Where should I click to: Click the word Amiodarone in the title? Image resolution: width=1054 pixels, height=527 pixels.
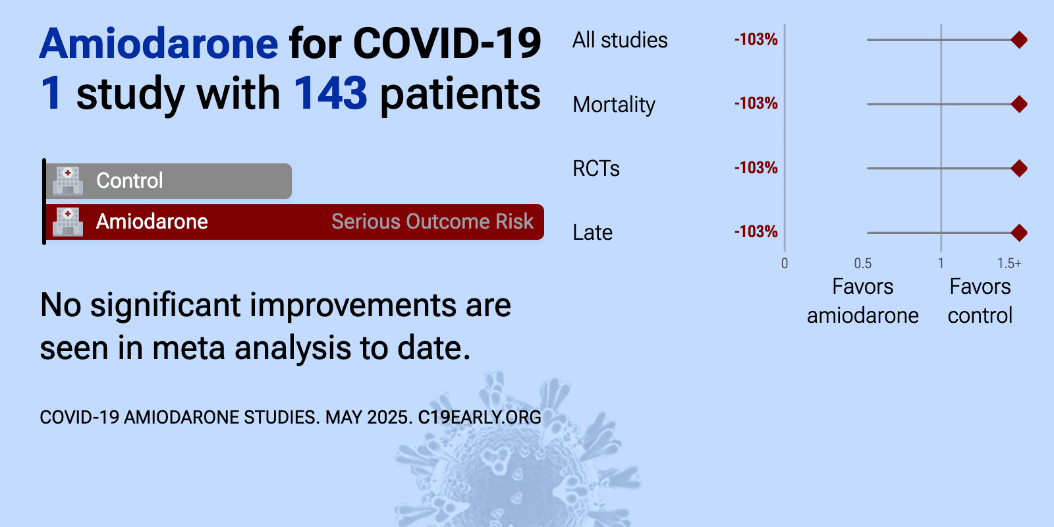(x=159, y=43)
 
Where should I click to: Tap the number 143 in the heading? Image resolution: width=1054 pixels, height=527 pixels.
(x=330, y=93)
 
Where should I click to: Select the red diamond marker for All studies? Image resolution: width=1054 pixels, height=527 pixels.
(x=1018, y=40)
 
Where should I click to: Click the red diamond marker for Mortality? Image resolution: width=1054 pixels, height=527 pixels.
(x=1018, y=104)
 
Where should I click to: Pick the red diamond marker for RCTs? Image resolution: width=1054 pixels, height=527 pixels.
(x=1018, y=169)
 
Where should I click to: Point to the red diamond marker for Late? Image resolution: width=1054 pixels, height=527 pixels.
(x=1018, y=233)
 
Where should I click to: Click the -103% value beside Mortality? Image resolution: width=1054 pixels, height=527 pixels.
(x=756, y=103)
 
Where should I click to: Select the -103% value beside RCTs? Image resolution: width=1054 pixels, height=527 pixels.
(x=756, y=168)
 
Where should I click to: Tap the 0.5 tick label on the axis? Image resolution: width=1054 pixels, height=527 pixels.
(x=862, y=263)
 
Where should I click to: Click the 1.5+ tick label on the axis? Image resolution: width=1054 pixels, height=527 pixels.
(x=1009, y=263)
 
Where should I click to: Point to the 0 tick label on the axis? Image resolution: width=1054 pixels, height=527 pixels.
(x=785, y=263)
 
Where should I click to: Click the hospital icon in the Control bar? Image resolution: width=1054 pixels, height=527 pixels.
(x=68, y=180)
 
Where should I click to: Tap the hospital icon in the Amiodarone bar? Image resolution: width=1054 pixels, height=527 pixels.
(x=68, y=221)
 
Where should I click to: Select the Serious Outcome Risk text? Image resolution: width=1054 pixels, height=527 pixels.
(x=432, y=221)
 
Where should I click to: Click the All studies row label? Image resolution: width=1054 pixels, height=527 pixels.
(x=620, y=40)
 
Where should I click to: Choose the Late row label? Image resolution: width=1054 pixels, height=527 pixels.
(x=592, y=233)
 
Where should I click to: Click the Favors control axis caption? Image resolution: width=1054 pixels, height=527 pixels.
(x=980, y=301)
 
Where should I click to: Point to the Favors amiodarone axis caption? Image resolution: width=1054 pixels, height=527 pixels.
(x=862, y=301)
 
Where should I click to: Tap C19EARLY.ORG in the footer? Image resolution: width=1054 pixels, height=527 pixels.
(x=480, y=418)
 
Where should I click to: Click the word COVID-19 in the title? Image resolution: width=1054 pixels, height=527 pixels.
(x=447, y=43)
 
